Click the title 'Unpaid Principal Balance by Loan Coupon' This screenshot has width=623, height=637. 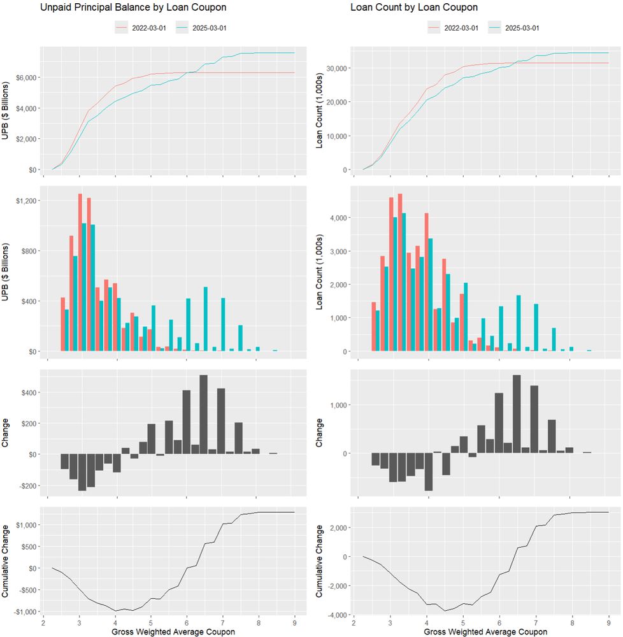pos(133,8)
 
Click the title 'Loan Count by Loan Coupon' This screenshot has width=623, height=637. pos(413,8)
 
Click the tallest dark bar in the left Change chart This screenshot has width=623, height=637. pos(204,414)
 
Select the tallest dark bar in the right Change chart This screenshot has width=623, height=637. pos(517,414)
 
